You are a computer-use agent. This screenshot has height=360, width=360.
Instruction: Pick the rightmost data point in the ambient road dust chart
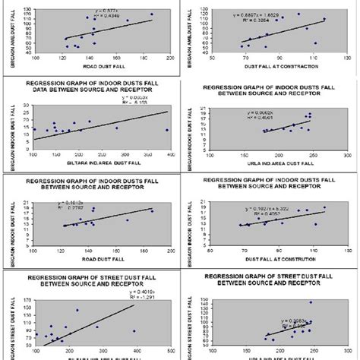(151, 14)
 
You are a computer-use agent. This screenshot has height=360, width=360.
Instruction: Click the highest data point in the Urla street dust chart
(310, 302)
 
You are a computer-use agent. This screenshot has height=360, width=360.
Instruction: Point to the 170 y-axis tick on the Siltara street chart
(29, 290)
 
